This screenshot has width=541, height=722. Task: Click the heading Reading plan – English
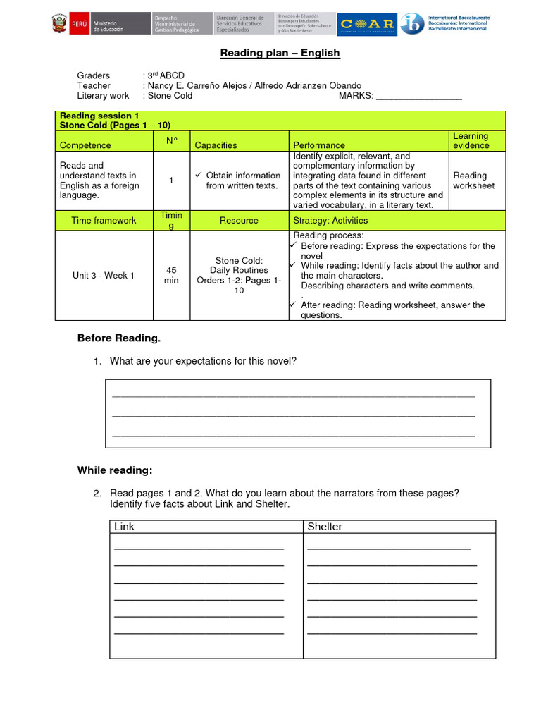tap(280, 53)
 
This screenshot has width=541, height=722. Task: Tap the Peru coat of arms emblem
tap(59, 25)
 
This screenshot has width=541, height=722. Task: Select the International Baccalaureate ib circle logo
tap(412, 24)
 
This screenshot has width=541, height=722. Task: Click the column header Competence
tap(85, 145)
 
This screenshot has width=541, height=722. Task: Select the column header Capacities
tap(216, 145)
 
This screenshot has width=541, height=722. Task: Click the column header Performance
tap(319, 145)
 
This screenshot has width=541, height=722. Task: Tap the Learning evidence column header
tap(471, 140)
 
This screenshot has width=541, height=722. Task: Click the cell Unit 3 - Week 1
tap(104, 276)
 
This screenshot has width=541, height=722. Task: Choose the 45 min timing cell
tap(171, 275)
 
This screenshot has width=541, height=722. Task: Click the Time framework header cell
tap(104, 221)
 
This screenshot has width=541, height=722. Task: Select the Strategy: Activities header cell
tap(330, 221)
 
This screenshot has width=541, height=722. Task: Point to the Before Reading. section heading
tap(118, 338)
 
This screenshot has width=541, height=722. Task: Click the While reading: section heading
tap(114, 470)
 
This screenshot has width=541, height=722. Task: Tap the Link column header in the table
tap(124, 527)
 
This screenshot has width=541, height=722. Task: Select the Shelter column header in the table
tap(325, 527)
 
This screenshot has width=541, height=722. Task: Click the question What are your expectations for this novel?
tap(203, 361)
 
